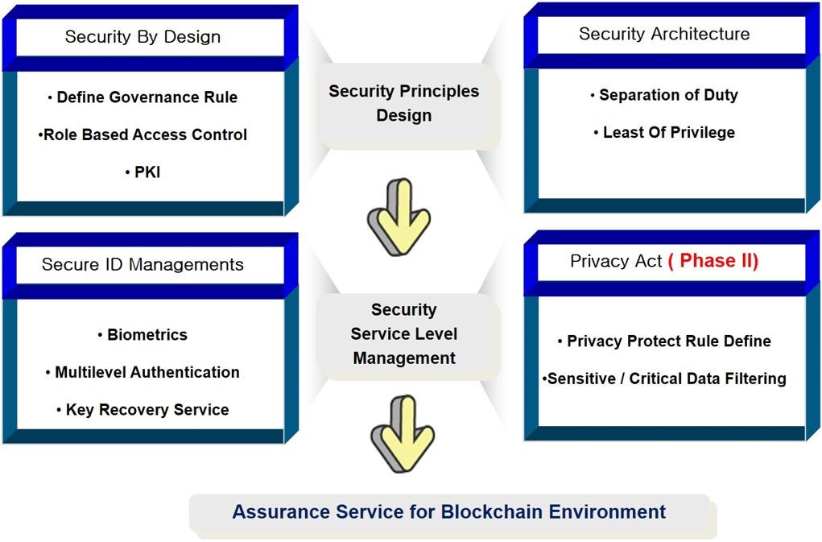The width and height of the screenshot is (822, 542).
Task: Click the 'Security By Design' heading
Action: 143,37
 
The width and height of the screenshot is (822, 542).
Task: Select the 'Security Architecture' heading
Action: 664,34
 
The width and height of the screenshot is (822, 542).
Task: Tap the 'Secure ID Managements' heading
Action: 143,264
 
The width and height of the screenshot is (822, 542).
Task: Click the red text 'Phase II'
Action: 713,261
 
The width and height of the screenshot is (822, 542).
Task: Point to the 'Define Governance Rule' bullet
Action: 143,97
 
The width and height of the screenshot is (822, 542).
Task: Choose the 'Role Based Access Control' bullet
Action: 143,134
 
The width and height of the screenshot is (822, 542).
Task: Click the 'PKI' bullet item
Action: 143,172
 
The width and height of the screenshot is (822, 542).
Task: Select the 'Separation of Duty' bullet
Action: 664,95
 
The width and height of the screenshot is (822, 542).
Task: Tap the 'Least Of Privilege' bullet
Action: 664,132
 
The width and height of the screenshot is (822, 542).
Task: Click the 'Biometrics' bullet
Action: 143,334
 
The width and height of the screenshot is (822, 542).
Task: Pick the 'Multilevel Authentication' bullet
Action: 143,372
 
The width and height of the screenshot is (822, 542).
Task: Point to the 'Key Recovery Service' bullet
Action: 143,409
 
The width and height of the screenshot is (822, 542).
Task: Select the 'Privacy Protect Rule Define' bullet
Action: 664,341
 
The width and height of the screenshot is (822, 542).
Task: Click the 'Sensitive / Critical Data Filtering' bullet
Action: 664,379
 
